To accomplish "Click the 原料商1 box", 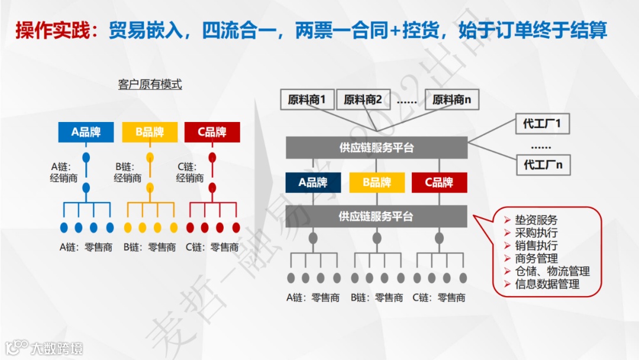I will [307, 100].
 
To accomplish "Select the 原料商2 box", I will [363, 100].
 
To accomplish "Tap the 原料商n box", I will [451, 100].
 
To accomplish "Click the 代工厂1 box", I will [542, 124].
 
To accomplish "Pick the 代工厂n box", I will [542, 165].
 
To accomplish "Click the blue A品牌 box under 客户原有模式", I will [86, 132].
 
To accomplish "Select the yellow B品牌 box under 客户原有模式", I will [150, 132].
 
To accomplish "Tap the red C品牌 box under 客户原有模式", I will [212, 132].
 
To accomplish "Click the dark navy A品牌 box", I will [313, 182].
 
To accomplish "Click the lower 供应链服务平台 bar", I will [376, 216].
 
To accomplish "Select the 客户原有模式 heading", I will [150, 85].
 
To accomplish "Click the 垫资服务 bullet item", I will [536, 220].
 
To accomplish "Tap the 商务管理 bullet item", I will [536, 259].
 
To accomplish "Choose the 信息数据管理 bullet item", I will [547, 284].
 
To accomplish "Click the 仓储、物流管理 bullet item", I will [552, 271].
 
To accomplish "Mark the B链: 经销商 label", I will [128, 172].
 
